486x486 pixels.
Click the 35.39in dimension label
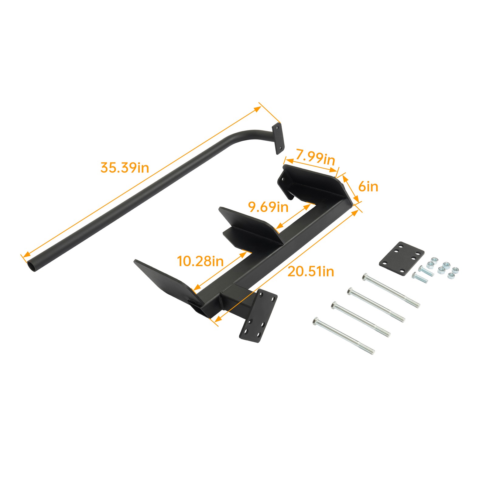click(x=125, y=167)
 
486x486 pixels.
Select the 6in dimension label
click(x=368, y=186)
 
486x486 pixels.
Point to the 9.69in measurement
click(x=268, y=207)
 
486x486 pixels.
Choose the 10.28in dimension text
click(x=200, y=261)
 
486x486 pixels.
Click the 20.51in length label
click(x=310, y=271)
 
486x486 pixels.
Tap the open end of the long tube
click(x=32, y=266)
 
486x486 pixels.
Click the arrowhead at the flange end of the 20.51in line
click(x=217, y=319)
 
